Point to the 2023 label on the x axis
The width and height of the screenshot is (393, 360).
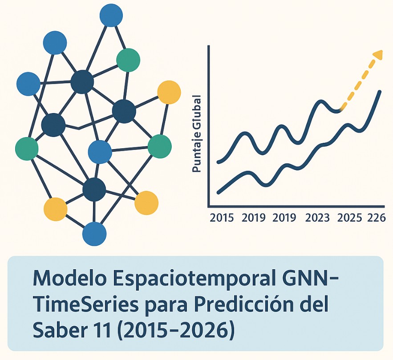click(x=318, y=218)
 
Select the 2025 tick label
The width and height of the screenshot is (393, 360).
click(x=350, y=218)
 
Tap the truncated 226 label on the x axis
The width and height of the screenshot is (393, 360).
click(x=376, y=218)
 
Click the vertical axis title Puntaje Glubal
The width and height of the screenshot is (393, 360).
click(x=196, y=133)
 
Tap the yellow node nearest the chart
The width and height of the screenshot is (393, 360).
click(x=169, y=92)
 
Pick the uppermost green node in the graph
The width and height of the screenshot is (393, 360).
click(x=128, y=60)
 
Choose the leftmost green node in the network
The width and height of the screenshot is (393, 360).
click(x=27, y=149)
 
